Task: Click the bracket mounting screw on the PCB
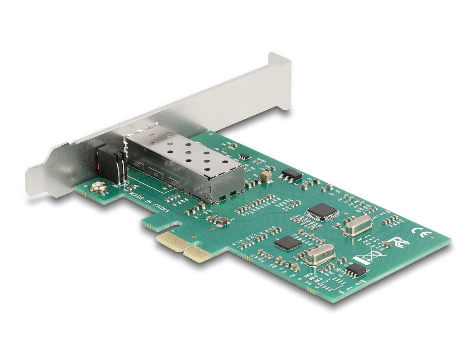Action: click(100, 188)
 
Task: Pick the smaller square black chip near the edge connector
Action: click(288, 243)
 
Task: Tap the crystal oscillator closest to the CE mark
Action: click(357, 226)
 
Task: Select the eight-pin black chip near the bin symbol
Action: click(356, 270)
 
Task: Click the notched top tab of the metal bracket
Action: click(279, 63)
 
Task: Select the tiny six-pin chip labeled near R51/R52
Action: click(244, 156)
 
